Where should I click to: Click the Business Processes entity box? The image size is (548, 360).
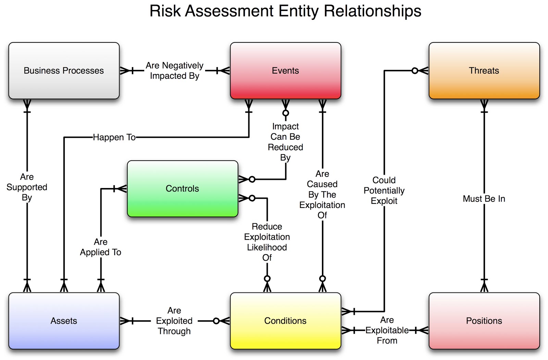(64, 71)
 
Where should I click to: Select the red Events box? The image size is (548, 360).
(285, 71)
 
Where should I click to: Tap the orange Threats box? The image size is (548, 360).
(484, 71)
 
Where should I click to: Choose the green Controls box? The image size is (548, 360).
(182, 188)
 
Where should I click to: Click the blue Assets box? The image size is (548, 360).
(64, 321)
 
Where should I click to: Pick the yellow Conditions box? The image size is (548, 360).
(285, 321)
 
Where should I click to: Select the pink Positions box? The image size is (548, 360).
(484, 321)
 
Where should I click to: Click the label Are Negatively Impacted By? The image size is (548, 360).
(174, 71)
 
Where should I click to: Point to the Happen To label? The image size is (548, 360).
(114, 137)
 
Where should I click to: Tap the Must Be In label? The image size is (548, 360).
(484, 199)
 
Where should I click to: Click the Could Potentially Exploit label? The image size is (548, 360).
(384, 190)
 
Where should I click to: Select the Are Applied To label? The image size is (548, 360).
(100, 247)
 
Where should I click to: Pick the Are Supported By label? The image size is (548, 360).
(27, 187)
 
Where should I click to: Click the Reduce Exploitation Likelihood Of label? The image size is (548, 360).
(267, 242)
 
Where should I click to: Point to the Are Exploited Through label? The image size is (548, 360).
(174, 321)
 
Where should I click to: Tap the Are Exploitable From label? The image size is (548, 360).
(387, 330)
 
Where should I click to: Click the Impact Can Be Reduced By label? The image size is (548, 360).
(285, 142)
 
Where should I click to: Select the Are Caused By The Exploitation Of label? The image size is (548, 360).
(322, 195)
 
